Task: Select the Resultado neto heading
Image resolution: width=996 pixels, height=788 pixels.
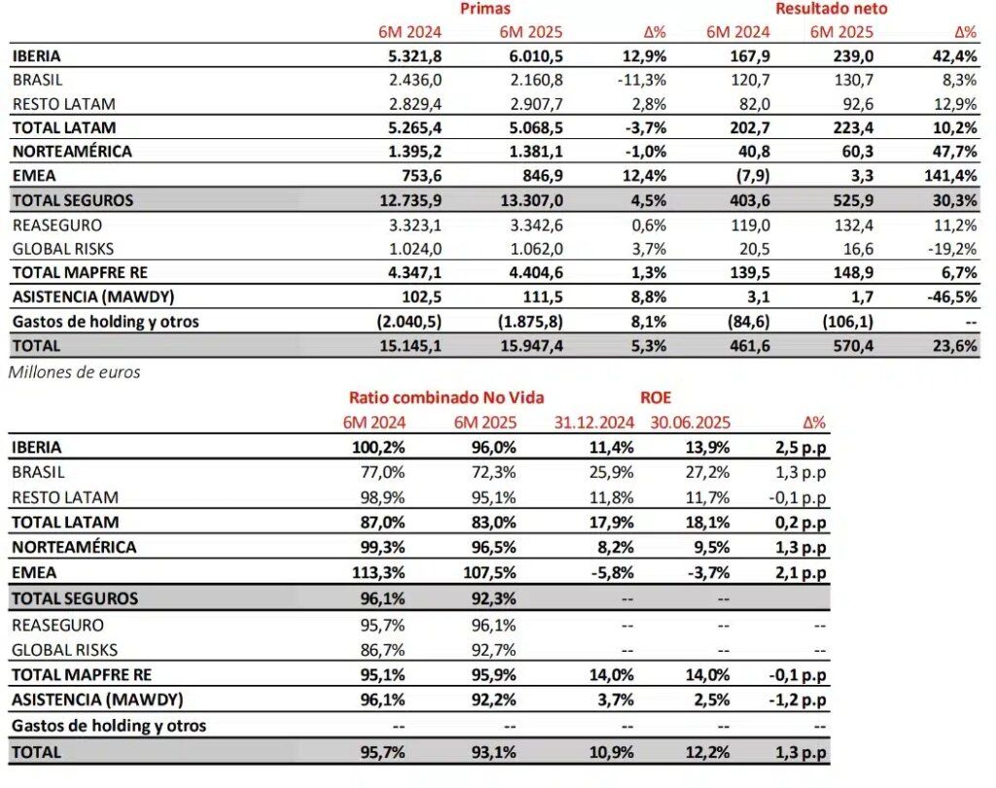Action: pyautogui.click(x=832, y=9)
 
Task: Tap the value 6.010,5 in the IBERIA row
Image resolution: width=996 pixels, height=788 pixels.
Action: pyautogui.click(x=530, y=56)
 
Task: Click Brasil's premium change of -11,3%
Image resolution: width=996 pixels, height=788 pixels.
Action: pyautogui.click(x=642, y=80)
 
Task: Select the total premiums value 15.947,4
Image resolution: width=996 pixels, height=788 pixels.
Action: pyautogui.click(x=528, y=345)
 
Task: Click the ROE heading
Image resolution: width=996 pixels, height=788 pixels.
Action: pyautogui.click(x=655, y=397)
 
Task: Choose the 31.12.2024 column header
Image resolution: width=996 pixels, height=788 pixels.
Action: pyautogui.click(x=594, y=422)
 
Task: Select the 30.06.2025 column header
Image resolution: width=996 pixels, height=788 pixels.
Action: pyautogui.click(x=692, y=422)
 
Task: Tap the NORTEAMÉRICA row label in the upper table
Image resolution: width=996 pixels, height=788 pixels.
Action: pyautogui.click(x=73, y=152)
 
